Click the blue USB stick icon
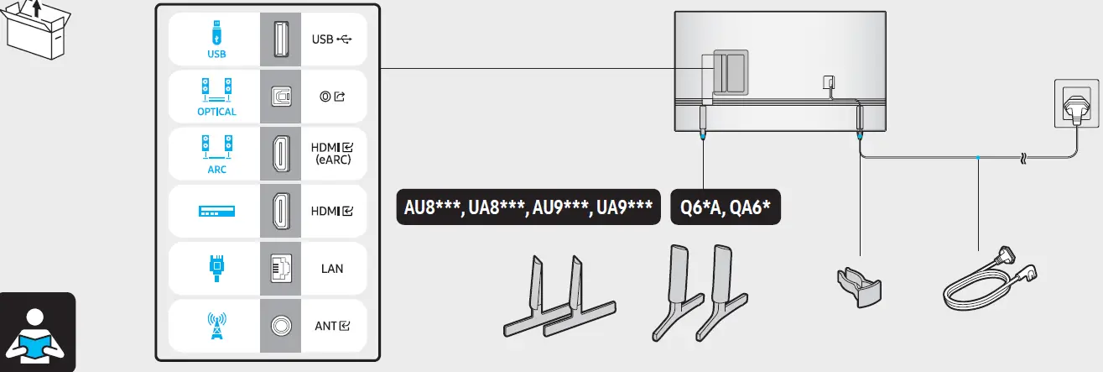216,34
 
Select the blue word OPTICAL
216,111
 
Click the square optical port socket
279,97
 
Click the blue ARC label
216,168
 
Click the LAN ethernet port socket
279,269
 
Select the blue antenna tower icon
216,326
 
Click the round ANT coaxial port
279,326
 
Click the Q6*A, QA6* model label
726,207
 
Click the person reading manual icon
38,332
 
